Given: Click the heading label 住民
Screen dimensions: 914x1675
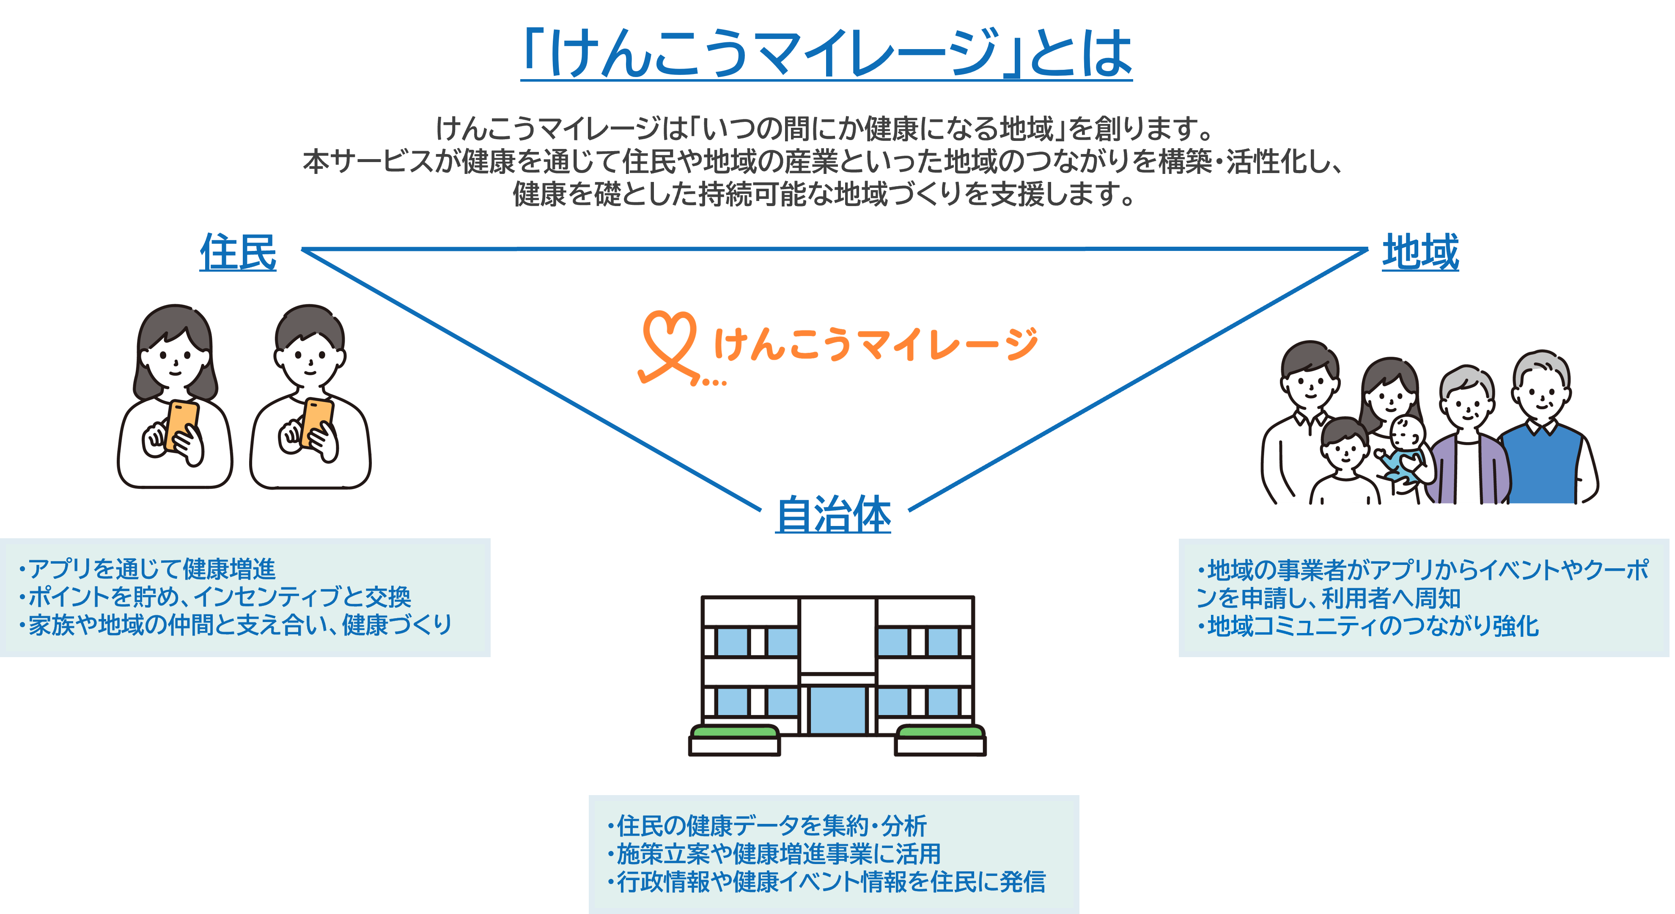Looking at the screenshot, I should (x=238, y=252).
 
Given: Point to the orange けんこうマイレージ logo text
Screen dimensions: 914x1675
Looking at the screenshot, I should (x=875, y=344).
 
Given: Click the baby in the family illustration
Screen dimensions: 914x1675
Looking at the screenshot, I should (x=1404, y=449).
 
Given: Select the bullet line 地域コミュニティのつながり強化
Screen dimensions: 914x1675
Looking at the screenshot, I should (x=1372, y=626).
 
